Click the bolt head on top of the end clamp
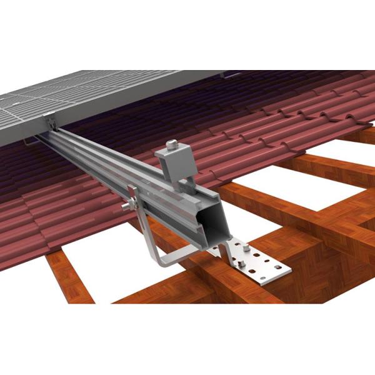[171, 146]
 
